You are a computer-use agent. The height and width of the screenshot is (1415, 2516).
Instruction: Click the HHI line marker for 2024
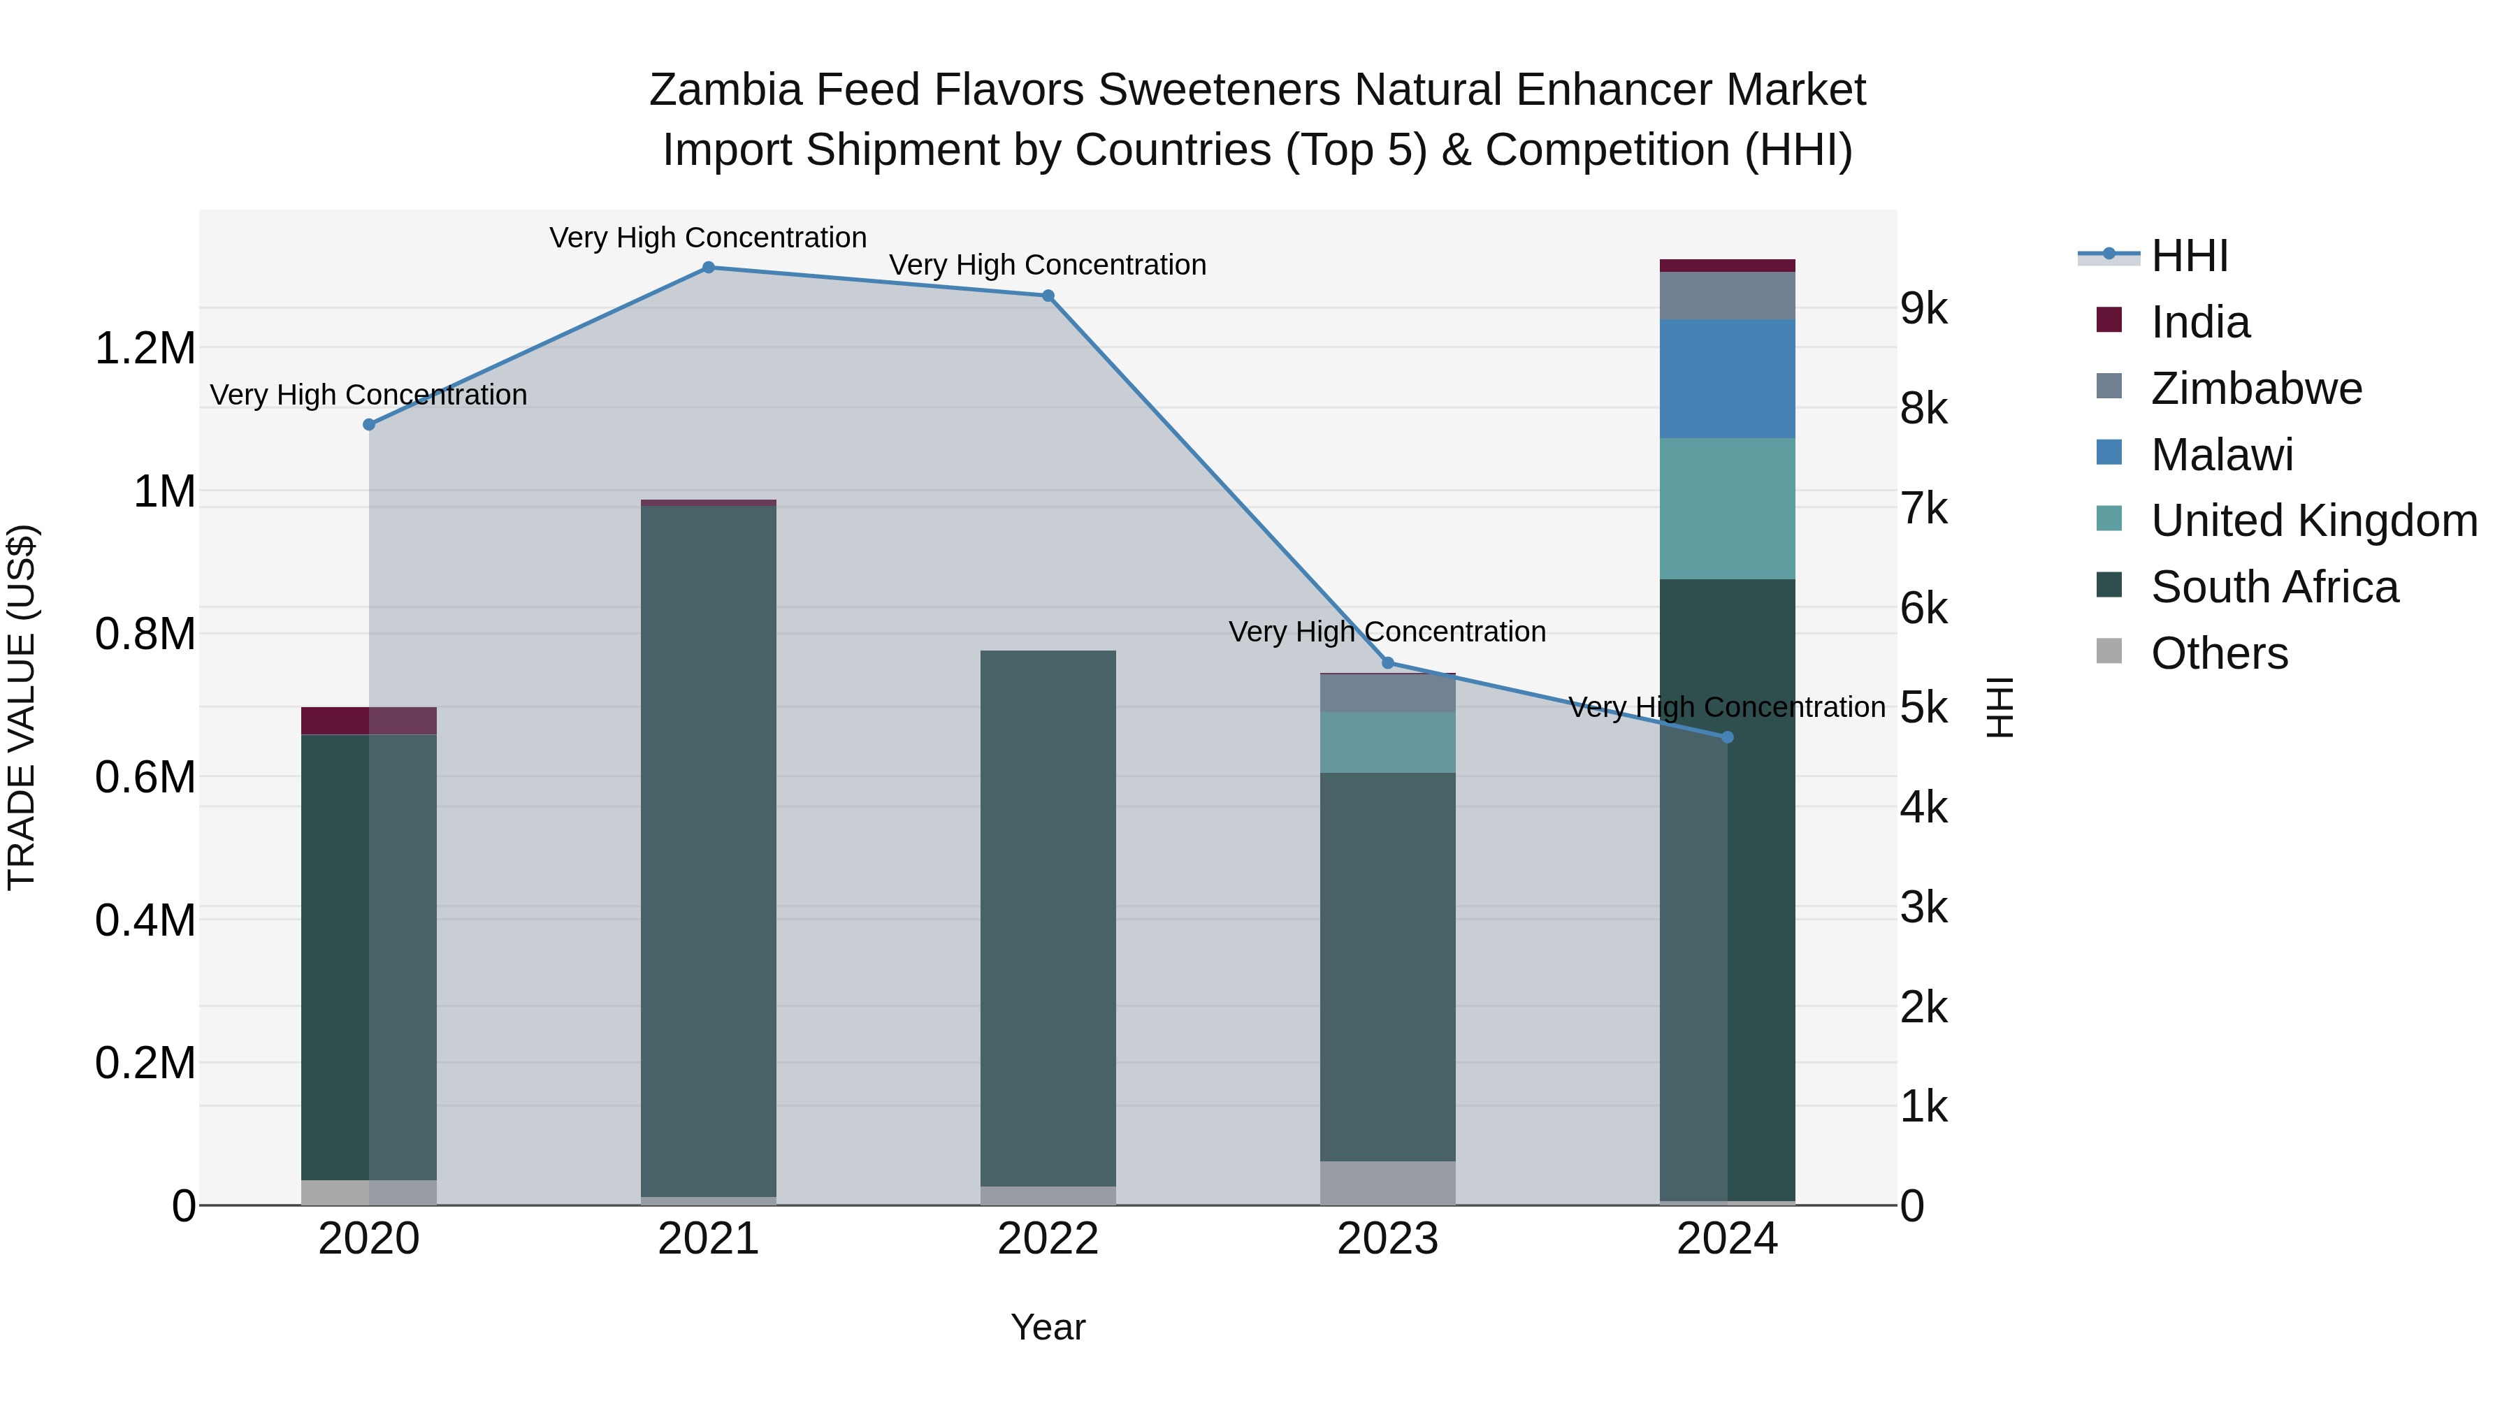(x=1727, y=737)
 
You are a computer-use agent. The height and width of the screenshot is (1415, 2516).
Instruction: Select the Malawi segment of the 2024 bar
(x=1727, y=378)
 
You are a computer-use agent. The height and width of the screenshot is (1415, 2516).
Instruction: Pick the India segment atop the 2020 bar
(x=368, y=720)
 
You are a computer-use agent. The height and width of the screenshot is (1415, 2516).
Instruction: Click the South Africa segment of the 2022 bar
(x=1048, y=918)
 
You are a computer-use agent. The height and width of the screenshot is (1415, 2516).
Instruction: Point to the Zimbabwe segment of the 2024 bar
(x=1727, y=296)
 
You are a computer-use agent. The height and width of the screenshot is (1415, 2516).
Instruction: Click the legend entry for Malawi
(x=2221, y=455)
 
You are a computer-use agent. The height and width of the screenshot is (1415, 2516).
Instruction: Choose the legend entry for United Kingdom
(x=2313, y=521)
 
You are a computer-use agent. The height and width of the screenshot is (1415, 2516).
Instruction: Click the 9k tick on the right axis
(x=1923, y=309)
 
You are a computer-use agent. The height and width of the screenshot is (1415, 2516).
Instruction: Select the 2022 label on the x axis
(x=1048, y=1239)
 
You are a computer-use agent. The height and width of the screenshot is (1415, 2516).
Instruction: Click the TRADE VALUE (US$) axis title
(x=22, y=707)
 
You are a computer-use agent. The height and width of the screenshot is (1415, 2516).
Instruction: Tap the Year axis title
(x=1048, y=1327)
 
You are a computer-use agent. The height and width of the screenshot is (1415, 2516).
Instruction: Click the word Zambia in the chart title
(x=725, y=90)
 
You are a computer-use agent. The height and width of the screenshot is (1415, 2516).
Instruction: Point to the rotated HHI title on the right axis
(x=2000, y=707)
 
